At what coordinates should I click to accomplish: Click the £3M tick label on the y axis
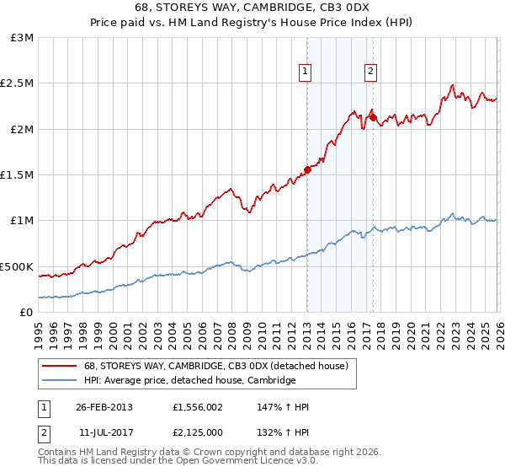(23, 38)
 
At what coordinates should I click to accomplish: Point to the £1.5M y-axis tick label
(18, 175)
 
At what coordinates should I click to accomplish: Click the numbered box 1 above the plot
(305, 72)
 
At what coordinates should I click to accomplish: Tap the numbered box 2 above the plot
(370, 72)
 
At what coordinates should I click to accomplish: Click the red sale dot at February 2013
(307, 169)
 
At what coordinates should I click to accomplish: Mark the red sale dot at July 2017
(372, 118)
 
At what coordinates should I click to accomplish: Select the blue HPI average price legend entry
(189, 381)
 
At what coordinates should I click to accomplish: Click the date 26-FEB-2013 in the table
(104, 407)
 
